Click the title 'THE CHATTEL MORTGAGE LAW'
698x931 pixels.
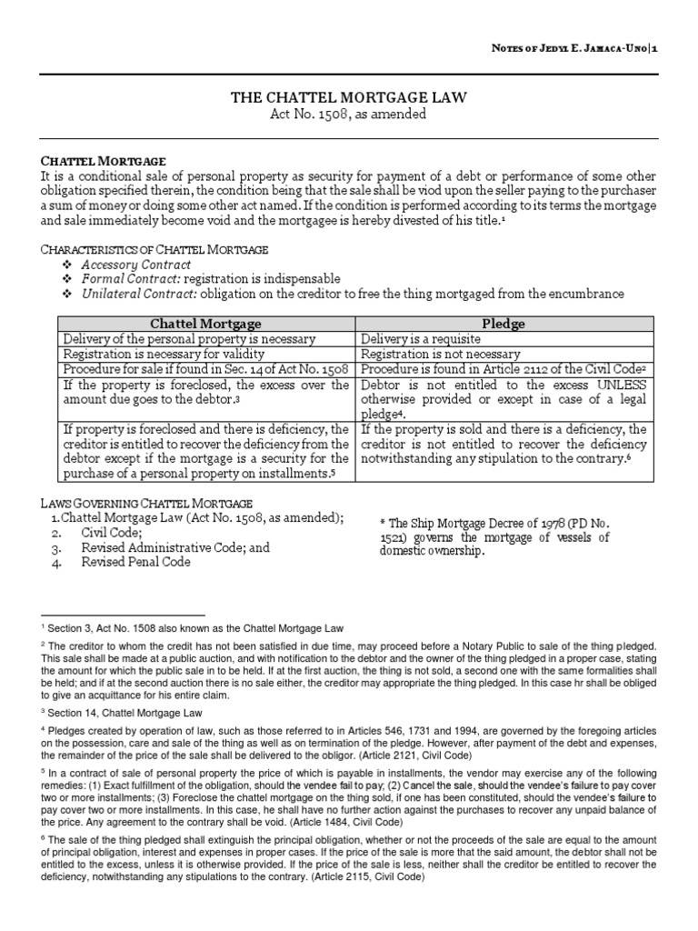tap(349, 98)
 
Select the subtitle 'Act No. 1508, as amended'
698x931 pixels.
tap(349, 115)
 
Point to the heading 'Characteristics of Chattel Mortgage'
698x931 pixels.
tap(155, 249)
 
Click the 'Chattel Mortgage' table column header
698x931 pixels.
tap(205, 324)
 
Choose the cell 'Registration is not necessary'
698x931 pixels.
tap(441, 354)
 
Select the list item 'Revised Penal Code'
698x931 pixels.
tap(136, 563)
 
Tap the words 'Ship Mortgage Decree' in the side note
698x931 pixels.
tap(444, 524)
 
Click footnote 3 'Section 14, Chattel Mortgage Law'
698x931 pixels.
tap(124, 713)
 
